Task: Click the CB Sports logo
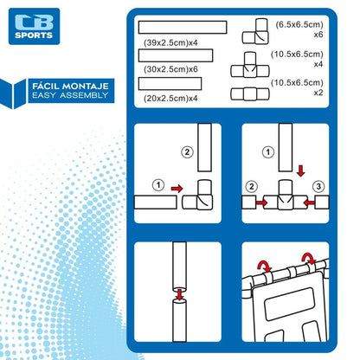(x=34, y=26)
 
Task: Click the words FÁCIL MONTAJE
(x=70, y=86)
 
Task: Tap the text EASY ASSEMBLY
(x=70, y=95)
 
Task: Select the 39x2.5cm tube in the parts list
(x=183, y=28)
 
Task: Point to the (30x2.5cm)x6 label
(x=170, y=69)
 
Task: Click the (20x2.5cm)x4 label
(x=170, y=99)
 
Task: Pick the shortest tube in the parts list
(x=170, y=84)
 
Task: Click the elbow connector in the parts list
(x=255, y=31)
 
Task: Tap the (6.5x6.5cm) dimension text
(x=299, y=24)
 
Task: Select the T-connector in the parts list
(x=250, y=65)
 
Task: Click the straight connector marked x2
(x=250, y=94)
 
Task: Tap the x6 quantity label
(x=318, y=35)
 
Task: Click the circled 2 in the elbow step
(x=187, y=152)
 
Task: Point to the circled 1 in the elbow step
(x=158, y=185)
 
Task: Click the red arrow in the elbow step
(x=177, y=189)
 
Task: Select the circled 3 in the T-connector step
(x=318, y=186)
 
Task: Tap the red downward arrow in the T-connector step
(x=301, y=171)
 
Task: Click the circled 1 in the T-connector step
(x=268, y=152)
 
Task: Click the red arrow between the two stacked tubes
(x=180, y=294)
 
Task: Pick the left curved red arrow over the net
(x=264, y=266)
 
